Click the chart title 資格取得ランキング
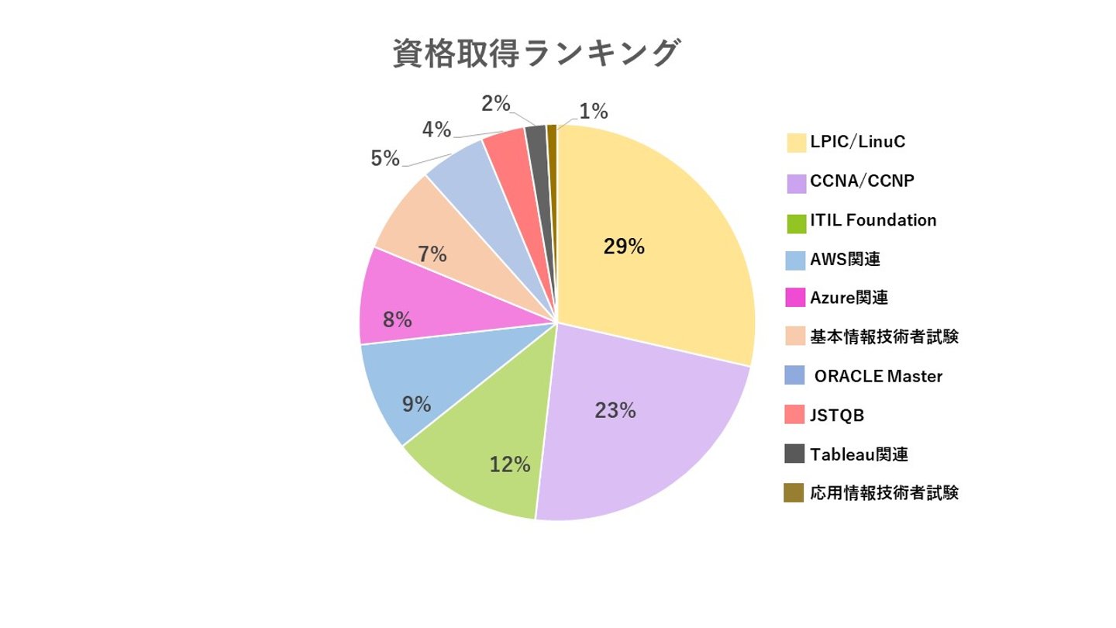pyautogui.click(x=536, y=54)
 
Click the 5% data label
pyautogui.click(x=385, y=159)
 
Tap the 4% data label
pyautogui.click(x=436, y=129)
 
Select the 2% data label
pyautogui.click(x=495, y=102)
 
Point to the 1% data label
pyautogui.click(x=593, y=112)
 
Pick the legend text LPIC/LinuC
pyautogui.click(x=857, y=142)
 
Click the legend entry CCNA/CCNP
pyautogui.click(x=862, y=181)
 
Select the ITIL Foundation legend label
pyautogui.click(x=873, y=220)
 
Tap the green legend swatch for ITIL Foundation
pyautogui.click(x=795, y=223)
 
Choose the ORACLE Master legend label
pyautogui.click(x=878, y=377)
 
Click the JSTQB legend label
pyautogui.click(x=837, y=416)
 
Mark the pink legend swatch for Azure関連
pyautogui.click(x=795, y=298)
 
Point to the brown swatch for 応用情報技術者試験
pyautogui.click(x=794, y=493)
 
